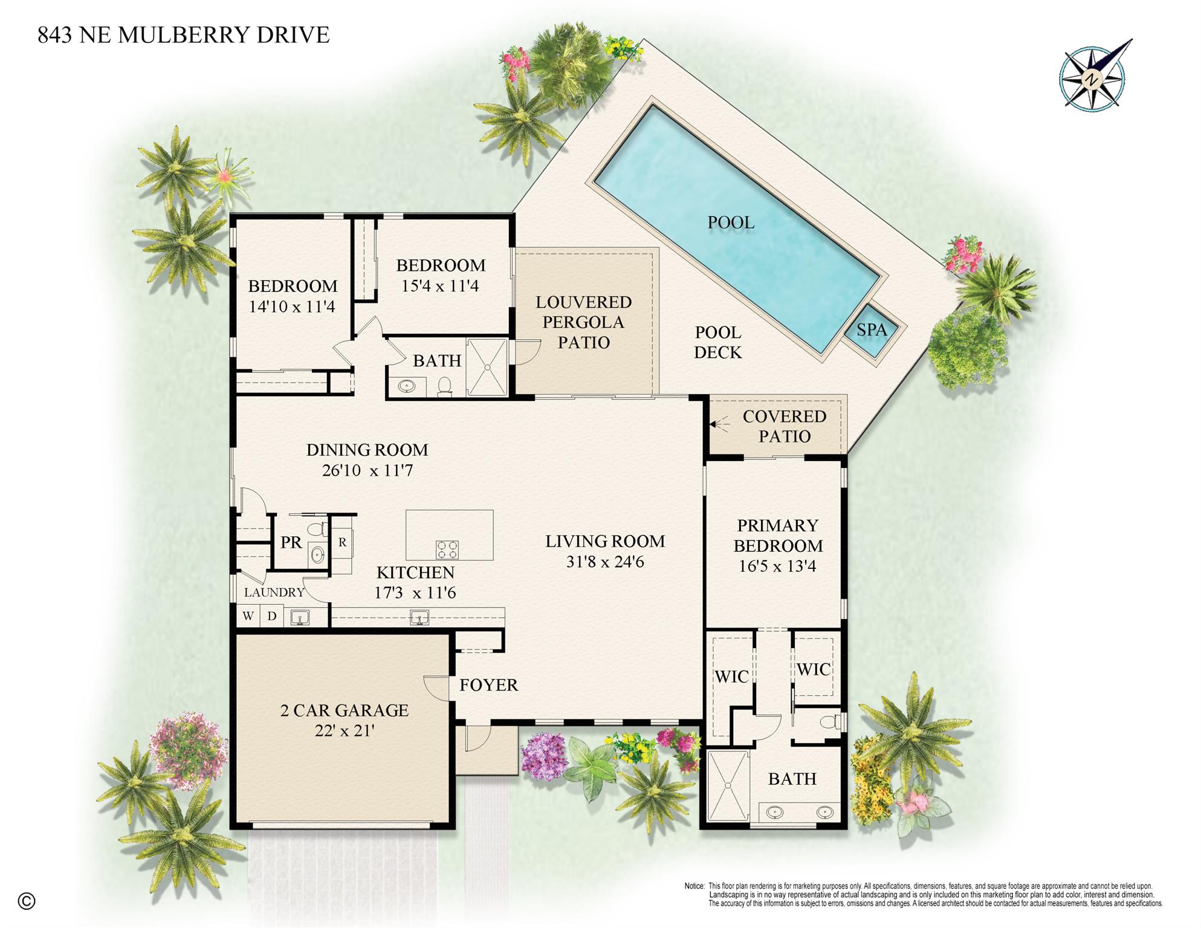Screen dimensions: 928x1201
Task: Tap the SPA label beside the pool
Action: pyautogui.click(x=872, y=330)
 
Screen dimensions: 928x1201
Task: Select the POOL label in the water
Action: pyautogui.click(x=731, y=222)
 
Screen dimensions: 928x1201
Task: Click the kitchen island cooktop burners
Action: pyautogui.click(x=447, y=550)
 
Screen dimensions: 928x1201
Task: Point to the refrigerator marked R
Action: pyautogui.click(x=342, y=542)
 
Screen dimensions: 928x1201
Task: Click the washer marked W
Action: pyautogui.click(x=248, y=616)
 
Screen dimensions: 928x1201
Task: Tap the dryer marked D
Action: pyautogui.click(x=272, y=616)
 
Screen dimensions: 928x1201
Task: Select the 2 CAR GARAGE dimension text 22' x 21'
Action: pyautogui.click(x=345, y=731)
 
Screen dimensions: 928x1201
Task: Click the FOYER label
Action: pyautogui.click(x=488, y=685)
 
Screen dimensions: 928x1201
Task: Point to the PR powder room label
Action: pyautogui.click(x=291, y=542)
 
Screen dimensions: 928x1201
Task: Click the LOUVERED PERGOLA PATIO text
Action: pyautogui.click(x=583, y=322)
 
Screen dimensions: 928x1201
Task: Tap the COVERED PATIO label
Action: pyautogui.click(x=784, y=426)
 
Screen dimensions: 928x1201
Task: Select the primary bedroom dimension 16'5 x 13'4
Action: pyautogui.click(x=777, y=566)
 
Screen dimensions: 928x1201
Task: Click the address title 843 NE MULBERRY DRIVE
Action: pyautogui.click(x=183, y=35)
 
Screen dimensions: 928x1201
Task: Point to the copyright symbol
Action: pyautogui.click(x=27, y=901)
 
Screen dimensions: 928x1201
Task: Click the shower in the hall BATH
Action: pyautogui.click(x=487, y=368)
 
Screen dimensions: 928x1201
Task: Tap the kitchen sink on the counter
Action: pyautogui.click(x=419, y=618)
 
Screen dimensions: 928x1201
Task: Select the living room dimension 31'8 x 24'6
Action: pyautogui.click(x=605, y=562)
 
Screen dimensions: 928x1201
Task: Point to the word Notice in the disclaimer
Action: pyautogui.click(x=694, y=886)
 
